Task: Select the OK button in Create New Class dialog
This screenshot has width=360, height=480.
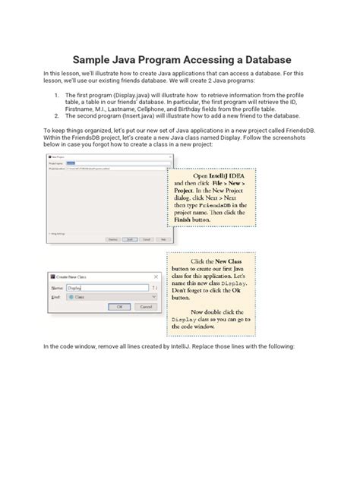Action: click(118, 306)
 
